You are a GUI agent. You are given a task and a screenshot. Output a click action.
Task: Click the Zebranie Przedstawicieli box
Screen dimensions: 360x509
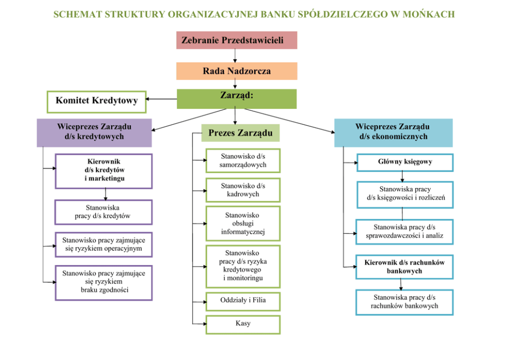237,40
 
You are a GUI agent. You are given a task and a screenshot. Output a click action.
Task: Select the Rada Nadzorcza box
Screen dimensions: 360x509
237,71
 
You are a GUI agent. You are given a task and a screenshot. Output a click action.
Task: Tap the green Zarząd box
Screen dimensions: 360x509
237,99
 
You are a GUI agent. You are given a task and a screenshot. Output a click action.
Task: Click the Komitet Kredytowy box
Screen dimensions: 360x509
96,101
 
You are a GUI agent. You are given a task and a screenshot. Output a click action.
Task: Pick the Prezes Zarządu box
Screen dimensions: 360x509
240,133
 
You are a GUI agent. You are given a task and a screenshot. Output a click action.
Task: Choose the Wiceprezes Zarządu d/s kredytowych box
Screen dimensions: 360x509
94,132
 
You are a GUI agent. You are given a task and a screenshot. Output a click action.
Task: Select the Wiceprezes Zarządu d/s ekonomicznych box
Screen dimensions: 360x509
393,132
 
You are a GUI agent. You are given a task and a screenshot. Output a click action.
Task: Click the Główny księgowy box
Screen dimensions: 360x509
405,162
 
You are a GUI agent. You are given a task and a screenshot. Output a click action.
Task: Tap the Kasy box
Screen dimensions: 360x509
243,325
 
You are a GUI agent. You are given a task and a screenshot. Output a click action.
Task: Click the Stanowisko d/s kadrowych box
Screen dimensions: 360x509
243,190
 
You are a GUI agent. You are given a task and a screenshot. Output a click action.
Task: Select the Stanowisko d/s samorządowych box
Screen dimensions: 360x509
243,161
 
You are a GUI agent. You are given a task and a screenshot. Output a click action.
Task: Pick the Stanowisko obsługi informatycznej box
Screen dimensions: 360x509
243,223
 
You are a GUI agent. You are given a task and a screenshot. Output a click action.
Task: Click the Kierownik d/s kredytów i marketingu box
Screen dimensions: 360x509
104,171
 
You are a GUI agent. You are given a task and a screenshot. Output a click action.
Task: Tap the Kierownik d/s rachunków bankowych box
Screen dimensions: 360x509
405,267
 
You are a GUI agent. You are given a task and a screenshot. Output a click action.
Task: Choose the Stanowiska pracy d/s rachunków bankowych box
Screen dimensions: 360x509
405,302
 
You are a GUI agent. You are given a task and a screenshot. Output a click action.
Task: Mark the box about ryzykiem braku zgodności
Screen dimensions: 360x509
104,282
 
